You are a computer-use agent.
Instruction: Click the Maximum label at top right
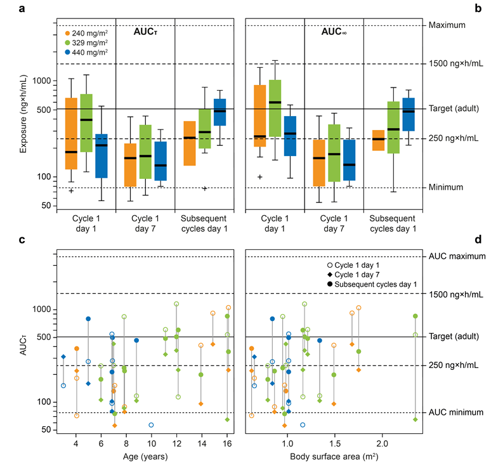(447, 25)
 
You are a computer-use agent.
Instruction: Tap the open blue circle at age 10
(151, 425)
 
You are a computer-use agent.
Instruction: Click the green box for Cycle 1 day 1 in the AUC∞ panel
(275, 108)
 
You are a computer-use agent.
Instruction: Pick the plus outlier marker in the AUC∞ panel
(260, 177)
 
